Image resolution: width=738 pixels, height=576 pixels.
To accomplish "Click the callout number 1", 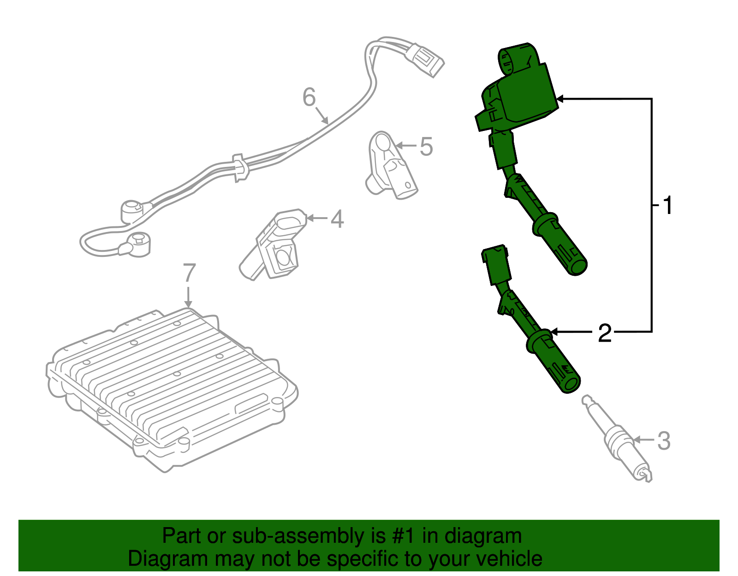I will pos(667,205).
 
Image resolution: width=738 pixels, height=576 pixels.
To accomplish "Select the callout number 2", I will pos(604,333).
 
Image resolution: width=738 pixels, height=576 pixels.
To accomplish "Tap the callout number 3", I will pos(663,441).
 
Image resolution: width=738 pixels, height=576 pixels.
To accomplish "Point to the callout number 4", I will pos(337,219).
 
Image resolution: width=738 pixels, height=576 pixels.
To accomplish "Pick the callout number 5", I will pos(426,147).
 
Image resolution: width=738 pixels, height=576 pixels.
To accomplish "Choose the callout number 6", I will pos(309,97).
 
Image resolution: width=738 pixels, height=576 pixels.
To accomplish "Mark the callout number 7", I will pos(189,273).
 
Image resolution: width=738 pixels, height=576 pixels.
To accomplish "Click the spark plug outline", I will pos(618,439).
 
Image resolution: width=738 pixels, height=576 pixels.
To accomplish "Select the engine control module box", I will pos(171,387).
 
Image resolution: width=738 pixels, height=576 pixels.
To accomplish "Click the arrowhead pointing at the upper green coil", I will pos(560,99).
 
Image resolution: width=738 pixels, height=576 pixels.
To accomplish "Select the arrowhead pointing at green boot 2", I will pos(554,332).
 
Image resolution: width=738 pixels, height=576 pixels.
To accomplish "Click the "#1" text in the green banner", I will pos(405,536).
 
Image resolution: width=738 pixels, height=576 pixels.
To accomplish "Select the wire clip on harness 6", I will pos(239,167).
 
